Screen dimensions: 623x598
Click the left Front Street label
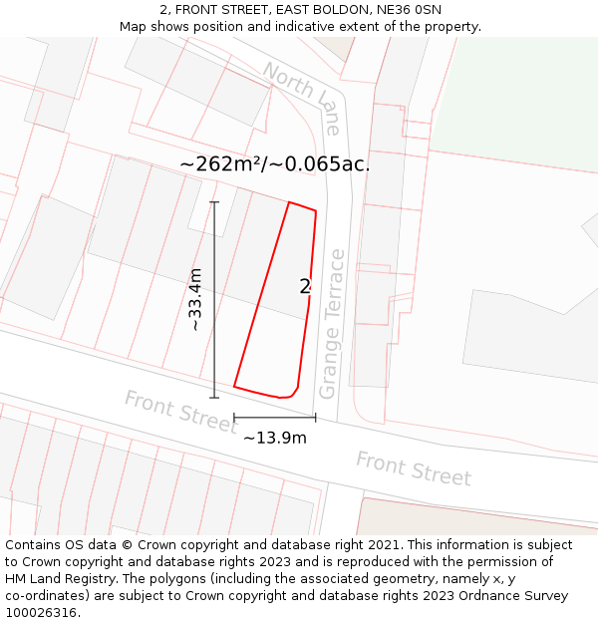point(180,412)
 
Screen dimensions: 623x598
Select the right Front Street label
point(413,468)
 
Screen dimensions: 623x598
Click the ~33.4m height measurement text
point(196,299)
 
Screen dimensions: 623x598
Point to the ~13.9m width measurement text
point(275,438)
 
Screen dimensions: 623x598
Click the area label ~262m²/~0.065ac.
point(275,164)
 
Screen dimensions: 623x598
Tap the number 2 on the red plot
point(305,287)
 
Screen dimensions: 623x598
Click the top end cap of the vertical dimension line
point(214,202)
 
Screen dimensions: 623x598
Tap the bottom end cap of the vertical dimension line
point(214,398)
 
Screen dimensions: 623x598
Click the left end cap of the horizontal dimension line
point(234,418)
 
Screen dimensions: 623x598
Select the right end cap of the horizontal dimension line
point(316,418)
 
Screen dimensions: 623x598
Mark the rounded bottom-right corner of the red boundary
point(294,392)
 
